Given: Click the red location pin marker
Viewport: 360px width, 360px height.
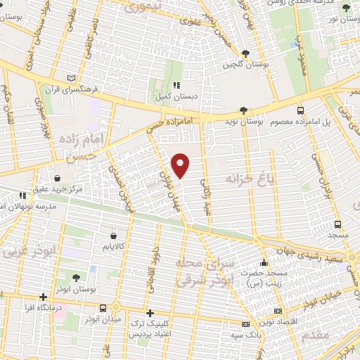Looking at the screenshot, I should [181, 165].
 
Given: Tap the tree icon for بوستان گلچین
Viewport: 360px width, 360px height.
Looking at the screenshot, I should [245, 53].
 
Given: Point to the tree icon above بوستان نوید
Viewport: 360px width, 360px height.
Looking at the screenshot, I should [243, 110].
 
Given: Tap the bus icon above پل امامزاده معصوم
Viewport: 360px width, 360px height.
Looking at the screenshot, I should [301, 110].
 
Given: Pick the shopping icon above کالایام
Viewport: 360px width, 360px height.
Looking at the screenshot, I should [114, 236].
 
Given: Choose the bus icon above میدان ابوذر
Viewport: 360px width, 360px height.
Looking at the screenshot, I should [103, 307].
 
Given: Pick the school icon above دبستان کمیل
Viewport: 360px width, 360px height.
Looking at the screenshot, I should [166, 85].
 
